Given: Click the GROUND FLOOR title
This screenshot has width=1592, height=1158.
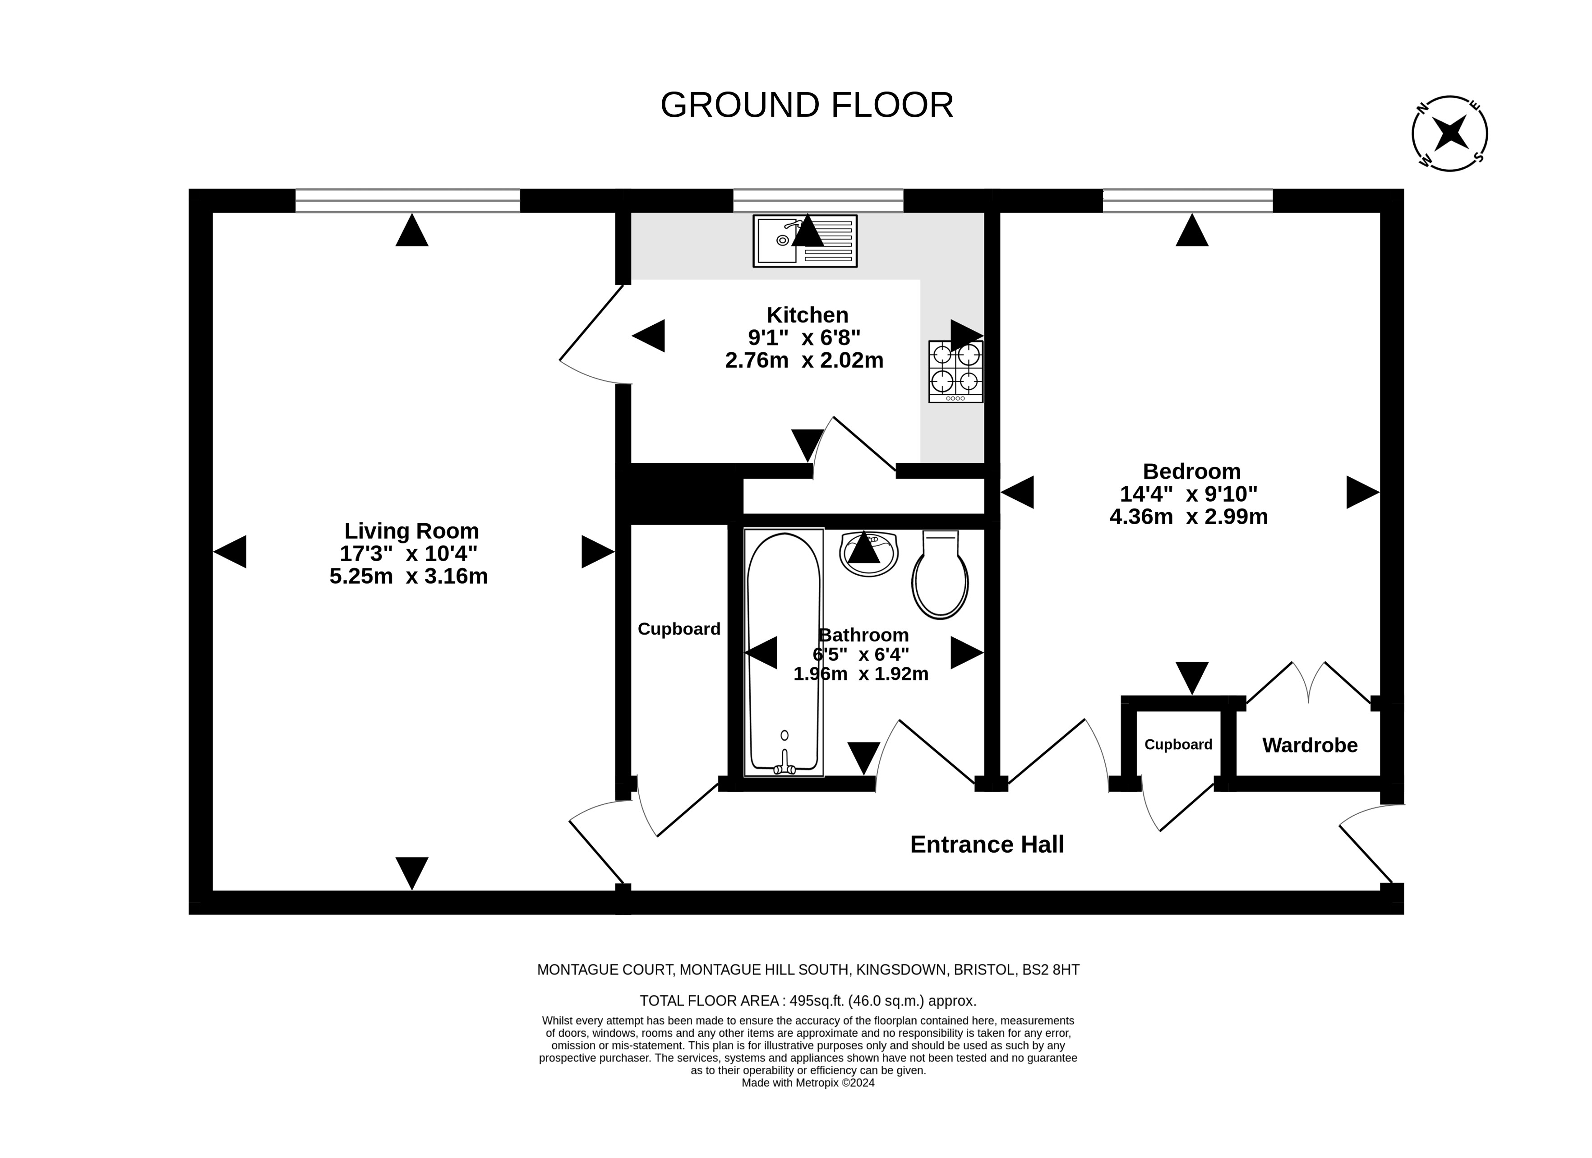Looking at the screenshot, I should click(x=807, y=105).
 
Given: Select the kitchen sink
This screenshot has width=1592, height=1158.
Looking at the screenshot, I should click(x=805, y=241).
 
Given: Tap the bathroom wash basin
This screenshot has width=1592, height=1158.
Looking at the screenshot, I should click(x=868, y=554).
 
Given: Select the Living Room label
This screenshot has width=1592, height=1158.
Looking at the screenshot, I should click(x=411, y=531).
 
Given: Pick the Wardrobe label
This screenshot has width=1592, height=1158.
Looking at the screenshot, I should click(x=1310, y=745).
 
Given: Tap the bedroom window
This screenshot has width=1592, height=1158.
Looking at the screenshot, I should click(x=1188, y=201).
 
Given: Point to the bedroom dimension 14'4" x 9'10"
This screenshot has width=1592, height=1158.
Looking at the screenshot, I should click(x=1188, y=494).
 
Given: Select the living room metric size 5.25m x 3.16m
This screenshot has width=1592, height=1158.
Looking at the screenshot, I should click(x=409, y=576).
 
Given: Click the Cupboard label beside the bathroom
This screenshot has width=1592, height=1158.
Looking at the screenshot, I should click(x=679, y=629).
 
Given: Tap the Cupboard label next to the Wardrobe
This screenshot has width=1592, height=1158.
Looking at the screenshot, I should click(x=1178, y=745).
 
